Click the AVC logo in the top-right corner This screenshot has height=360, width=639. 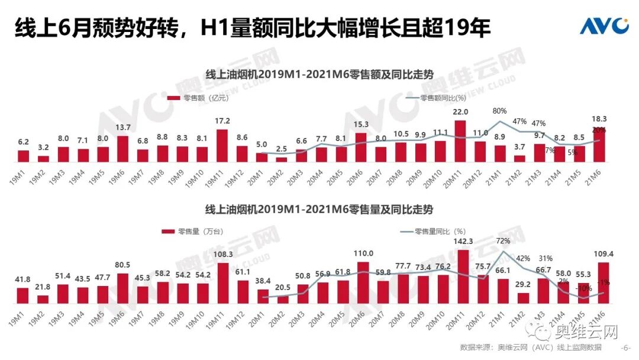tap(603, 25)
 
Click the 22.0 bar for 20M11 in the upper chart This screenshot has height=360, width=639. tap(460, 142)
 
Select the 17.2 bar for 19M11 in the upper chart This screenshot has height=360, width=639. tap(222, 146)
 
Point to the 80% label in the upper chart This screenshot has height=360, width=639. tap(499, 111)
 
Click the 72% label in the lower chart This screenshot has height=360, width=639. tap(503, 242)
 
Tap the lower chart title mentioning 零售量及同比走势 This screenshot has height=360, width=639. tap(319, 210)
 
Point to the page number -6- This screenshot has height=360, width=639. tap(625, 348)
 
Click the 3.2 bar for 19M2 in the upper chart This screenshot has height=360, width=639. tap(43, 159)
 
